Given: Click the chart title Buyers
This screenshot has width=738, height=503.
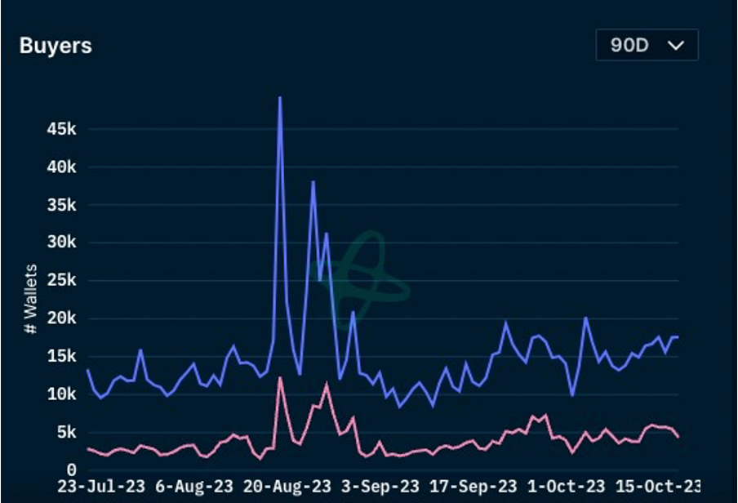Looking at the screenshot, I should point(56,46).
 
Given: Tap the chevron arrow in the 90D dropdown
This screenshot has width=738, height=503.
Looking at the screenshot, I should point(675,45).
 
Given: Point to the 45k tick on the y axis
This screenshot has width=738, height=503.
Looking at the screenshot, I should point(61,129).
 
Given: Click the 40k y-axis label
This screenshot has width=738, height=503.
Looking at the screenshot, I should point(61,167).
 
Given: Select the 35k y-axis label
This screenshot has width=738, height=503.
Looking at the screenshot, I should point(61,205).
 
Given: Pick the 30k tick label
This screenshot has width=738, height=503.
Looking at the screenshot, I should point(61,243).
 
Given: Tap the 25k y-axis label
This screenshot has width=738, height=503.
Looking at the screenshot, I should point(61,281).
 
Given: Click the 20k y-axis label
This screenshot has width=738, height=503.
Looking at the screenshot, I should point(61,318).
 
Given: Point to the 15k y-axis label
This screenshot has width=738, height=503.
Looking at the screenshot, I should point(61,356).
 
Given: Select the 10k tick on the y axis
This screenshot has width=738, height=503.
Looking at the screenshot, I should point(61,394).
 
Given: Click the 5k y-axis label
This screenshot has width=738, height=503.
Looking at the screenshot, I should point(65,432).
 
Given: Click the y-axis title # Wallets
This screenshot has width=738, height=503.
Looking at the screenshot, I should point(30,298).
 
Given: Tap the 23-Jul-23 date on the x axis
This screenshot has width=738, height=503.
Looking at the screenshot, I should point(101,486).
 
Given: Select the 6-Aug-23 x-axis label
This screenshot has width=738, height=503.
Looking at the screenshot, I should point(194,486).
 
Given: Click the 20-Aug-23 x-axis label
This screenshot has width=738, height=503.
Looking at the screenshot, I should point(287,486).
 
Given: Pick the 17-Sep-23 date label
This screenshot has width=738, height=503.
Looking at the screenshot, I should point(473,486).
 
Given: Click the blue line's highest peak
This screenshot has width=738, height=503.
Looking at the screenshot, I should point(280,98).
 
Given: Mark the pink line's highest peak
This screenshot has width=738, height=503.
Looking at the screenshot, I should point(280,378).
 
